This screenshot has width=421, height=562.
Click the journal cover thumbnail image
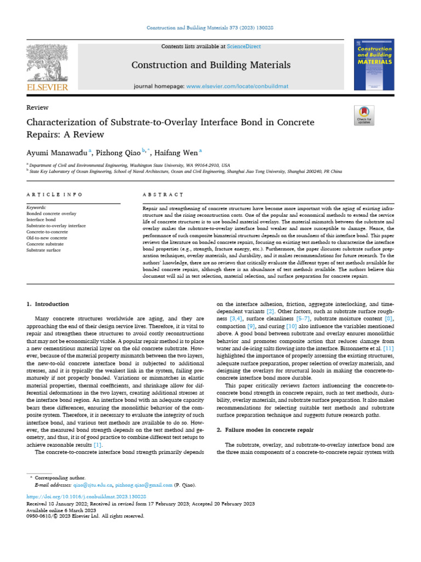[374, 64]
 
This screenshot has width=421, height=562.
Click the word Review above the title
[37, 108]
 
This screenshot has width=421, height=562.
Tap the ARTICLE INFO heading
[54, 195]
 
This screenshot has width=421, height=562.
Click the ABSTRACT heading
[162, 195]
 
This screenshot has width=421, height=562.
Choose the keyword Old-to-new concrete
[47, 238]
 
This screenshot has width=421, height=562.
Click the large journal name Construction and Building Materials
[211, 66]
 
